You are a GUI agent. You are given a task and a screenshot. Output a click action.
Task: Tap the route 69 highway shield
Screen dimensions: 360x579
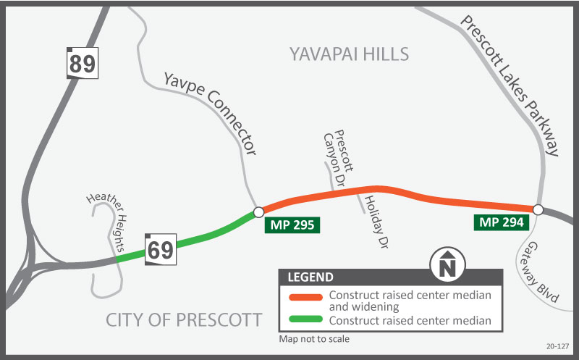pos(160,250)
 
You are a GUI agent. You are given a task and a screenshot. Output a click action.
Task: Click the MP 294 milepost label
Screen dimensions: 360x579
pos(499,222)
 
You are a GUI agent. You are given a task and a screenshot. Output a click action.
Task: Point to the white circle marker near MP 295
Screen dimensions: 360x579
pos(258,212)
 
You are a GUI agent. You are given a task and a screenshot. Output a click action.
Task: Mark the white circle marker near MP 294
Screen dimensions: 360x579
pos(538,209)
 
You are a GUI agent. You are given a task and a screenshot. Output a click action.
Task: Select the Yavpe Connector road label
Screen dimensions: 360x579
pos(211,113)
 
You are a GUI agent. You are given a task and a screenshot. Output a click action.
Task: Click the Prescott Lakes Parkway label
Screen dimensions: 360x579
pos(510,86)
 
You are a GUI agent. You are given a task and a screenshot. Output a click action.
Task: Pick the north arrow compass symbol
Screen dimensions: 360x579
pos(447,264)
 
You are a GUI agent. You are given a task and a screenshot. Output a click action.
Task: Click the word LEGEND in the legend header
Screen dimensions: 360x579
pos(310,277)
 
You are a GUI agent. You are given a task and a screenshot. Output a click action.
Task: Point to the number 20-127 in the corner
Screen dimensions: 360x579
pos(558,346)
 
